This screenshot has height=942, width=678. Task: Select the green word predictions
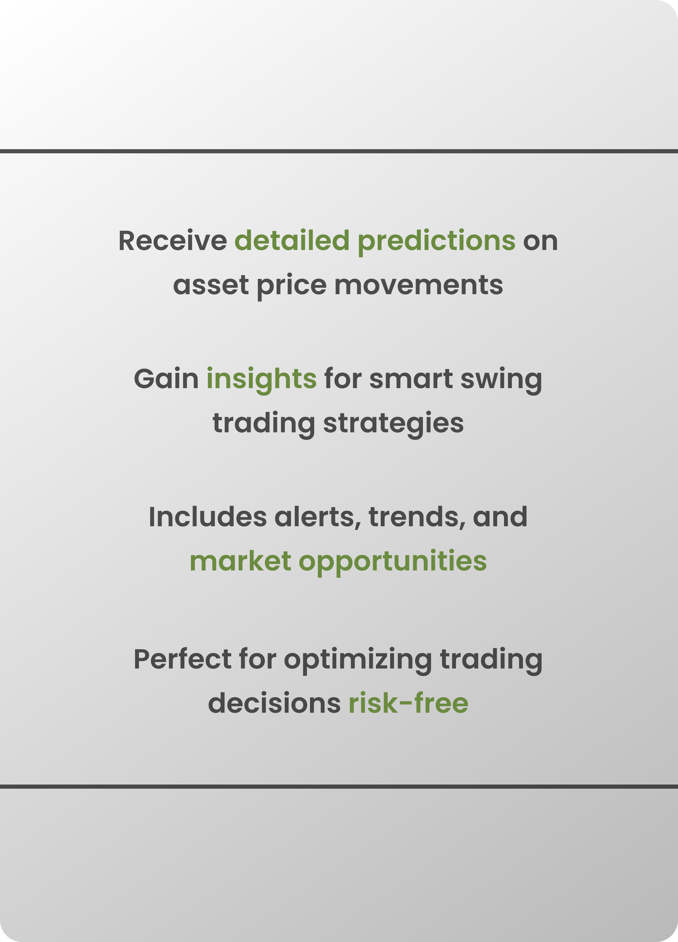point(436,242)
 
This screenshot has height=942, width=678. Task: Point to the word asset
point(211,285)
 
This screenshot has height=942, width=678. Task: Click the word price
point(292,286)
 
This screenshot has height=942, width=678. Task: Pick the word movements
point(418,285)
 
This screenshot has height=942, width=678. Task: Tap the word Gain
point(167,379)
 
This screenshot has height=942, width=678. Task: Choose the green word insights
point(262,380)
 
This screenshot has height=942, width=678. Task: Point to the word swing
point(501,380)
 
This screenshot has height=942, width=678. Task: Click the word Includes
point(208,517)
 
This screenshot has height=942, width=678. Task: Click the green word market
point(240,561)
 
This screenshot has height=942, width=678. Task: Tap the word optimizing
point(358,661)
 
